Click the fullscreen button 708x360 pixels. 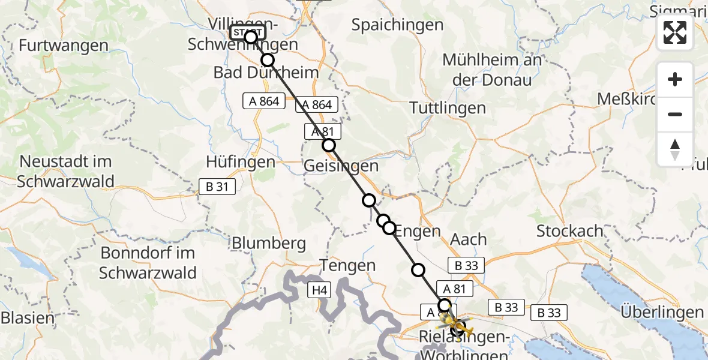tap(675, 32)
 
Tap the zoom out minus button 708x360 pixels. tap(675, 114)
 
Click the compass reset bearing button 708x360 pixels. tap(675, 149)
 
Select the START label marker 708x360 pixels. tap(247, 32)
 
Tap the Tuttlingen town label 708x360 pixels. tap(448, 108)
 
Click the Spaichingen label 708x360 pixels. tap(397, 25)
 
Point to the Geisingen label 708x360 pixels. tap(341, 166)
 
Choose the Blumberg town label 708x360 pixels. tap(268, 244)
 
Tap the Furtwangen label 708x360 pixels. tap(64, 46)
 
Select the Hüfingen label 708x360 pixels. tap(241, 162)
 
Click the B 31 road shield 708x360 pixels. tap(217, 187)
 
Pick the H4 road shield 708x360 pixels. tap(319, 291)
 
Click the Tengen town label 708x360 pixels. tap(348, 265)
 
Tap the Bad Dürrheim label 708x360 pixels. tap(266, 73)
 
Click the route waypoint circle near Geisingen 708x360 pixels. tap(328, 145)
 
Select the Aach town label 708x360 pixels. tap(469, 239)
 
